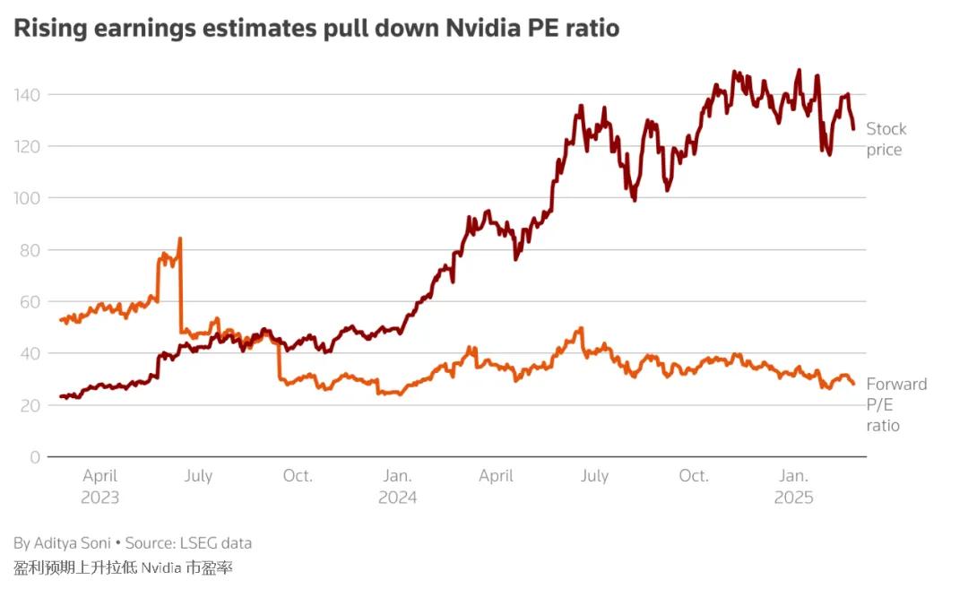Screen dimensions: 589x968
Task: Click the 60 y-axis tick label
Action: pos(30,301)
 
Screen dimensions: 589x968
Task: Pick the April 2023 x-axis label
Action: pos(99,486)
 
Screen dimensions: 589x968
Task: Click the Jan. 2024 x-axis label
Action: pos(397,486)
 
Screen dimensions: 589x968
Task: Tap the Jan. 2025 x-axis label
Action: pos(794,486)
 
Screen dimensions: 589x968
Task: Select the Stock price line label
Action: pos(886,139)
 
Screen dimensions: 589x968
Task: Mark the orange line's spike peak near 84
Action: pos(179,238)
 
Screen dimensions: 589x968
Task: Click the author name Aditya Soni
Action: pos(72,542)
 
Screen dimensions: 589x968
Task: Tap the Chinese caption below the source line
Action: pos(123,567)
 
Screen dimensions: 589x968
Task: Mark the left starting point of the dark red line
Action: pos(61,395)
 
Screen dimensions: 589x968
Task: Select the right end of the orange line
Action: pos(853,384)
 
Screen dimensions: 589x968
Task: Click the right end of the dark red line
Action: pos(853,129)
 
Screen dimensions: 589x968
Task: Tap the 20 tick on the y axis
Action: pos(30,405)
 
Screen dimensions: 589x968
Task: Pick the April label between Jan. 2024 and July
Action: pos(496,476)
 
